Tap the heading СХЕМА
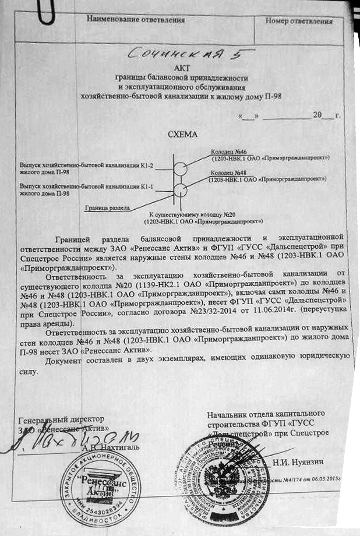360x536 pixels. click(x=183, y=134)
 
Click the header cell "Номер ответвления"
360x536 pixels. click(x=299, y=21)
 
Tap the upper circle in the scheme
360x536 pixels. click(x=181, y=169)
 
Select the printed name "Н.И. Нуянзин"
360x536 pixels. click(x=295, y=462)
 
